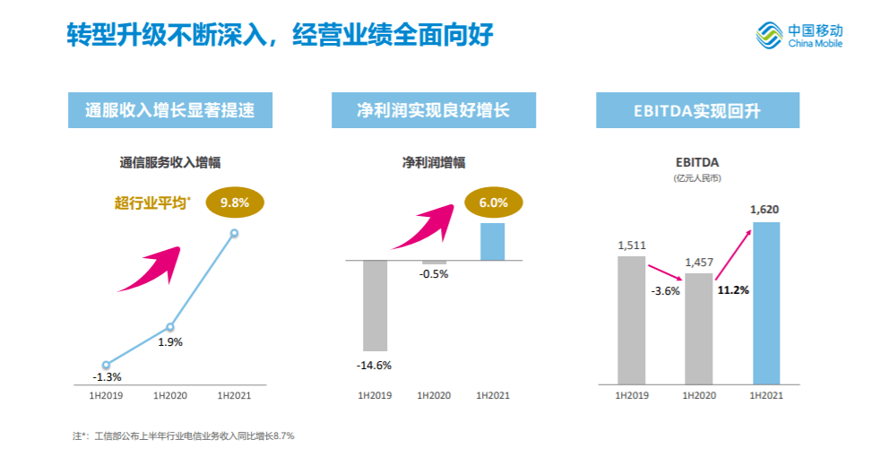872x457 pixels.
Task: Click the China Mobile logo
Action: [800, 37]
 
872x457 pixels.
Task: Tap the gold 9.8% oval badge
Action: [234, 203]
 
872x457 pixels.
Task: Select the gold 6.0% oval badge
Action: [493, 203]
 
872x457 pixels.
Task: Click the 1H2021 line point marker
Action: [234, 233]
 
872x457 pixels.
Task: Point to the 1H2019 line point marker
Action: [106, 365]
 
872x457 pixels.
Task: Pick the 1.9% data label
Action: [170, 341]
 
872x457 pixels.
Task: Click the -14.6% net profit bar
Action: [375, 305]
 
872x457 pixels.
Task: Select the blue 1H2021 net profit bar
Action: [492, 241]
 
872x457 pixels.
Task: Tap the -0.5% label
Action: [434, 274]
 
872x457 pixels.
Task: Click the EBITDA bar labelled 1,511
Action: [631, 320]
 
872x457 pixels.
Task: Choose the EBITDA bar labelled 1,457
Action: [698, 329]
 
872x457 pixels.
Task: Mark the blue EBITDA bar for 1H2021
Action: [765, 303]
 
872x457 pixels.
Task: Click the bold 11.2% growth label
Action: [732, 289]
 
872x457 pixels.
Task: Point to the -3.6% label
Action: [665, 290]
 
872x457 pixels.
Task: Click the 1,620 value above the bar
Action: [764, 210]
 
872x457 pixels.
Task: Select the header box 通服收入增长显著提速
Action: [170, 110]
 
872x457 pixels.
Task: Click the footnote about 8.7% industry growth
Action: [184, 436]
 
